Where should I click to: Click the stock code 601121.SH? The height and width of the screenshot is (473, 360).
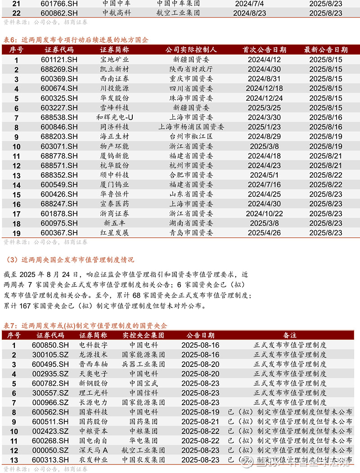[x=59, y=59]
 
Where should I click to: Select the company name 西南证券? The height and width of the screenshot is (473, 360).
[x=114, y=79]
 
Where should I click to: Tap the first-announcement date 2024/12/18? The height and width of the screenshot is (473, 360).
[x=264, y=89]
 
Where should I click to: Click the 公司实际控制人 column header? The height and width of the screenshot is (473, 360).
[x=191, y=49]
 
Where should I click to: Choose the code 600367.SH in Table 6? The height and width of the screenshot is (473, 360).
[x=59, y=233]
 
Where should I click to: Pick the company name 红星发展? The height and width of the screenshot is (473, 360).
[x=114, y=233]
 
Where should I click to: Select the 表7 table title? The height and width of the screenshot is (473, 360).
[x=85, y=326]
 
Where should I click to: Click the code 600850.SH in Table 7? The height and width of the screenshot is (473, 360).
[x=50, y=345]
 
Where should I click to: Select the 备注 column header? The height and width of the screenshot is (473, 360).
[x=289, y=335]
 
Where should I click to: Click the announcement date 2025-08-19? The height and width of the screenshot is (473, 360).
[x=200, y=412]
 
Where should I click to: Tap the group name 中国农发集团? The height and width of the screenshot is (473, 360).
[x=144, y=460]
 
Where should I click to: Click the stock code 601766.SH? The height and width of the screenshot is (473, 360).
[x=59, y=4]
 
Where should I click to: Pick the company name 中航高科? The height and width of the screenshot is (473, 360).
[x=116, y=13]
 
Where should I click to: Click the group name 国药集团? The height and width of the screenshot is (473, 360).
[x=144, y=422]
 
